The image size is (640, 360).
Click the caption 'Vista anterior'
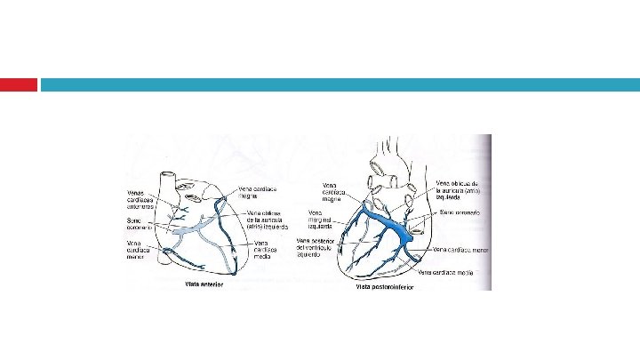coord(203,284)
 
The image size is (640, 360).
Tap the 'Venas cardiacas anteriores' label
coord(141,200)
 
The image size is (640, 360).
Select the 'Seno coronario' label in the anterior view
coord(140,223)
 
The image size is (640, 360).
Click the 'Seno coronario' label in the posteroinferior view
coord(460,213)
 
